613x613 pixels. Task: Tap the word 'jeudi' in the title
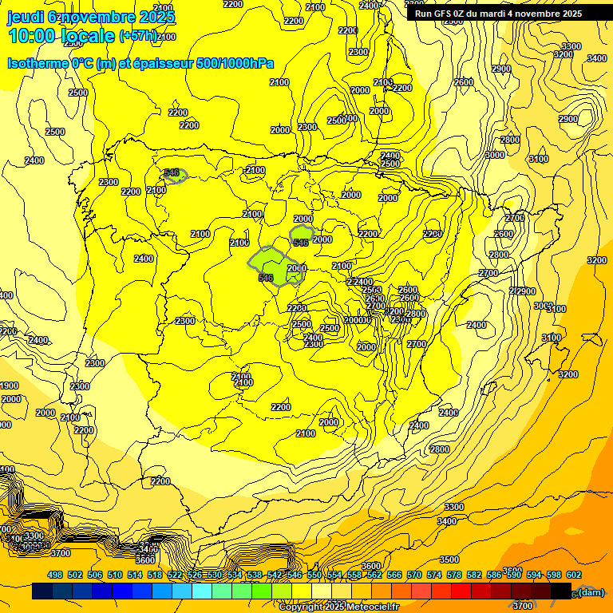(26, 16)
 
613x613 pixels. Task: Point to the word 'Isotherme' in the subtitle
(38, 63)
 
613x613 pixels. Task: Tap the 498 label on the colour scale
(55, 575)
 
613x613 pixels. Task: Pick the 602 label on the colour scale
(574, 575)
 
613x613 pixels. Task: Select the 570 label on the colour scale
(414, 575)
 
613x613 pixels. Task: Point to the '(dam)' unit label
(591, 591)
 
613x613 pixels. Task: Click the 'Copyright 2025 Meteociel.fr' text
(338, 607)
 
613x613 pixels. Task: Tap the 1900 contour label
(10, 386)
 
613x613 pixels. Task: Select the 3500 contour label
(449, 560)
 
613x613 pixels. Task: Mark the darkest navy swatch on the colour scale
(42, 591)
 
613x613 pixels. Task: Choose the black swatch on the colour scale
(561, 591)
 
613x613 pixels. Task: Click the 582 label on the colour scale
(474, 575)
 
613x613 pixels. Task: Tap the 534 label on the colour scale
(235, 575)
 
